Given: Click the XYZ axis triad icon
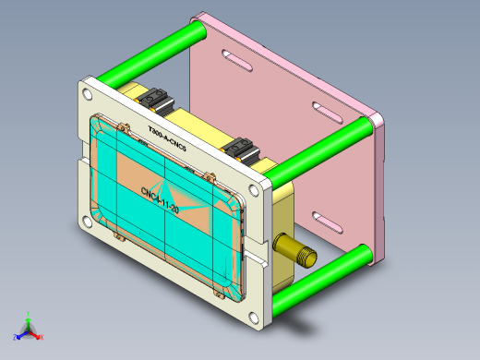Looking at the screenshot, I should tap(28, 328).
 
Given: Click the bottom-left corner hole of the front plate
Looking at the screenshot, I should tap(86, 222).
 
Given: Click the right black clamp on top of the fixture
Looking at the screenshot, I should tap(243, 147).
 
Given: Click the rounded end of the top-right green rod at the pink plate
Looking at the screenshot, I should tap(377, 121).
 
